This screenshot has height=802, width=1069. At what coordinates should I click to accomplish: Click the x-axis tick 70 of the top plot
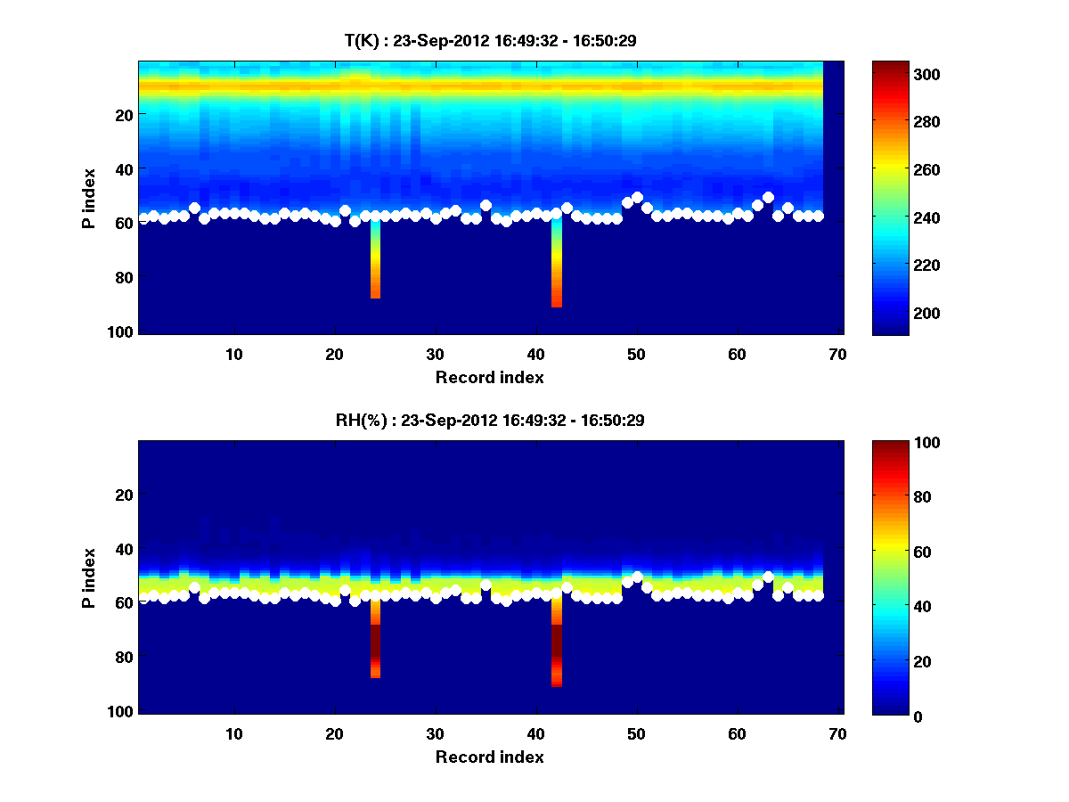[838, 355]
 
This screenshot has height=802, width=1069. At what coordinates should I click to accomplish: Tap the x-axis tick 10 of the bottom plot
[234, 734]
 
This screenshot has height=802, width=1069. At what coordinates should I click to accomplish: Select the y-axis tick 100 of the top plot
[122, 332]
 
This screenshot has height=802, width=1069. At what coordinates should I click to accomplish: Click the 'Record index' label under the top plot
[489, 378]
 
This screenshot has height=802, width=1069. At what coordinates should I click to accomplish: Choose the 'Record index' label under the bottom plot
[489, 757]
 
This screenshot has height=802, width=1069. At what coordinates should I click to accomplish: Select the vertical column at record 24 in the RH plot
[375, 637]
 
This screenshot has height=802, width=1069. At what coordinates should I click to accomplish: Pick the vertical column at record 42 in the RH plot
[557, 642]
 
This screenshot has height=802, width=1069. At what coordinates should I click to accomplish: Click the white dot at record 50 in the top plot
[637, 198]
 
